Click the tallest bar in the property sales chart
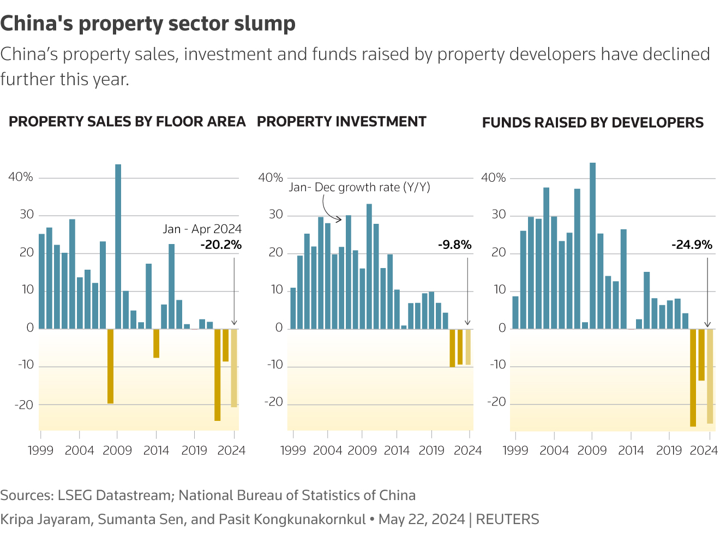tap(118, 246)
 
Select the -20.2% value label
tap(221, 245)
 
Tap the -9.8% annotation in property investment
tap(454, 245)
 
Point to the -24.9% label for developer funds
tap(692, 245)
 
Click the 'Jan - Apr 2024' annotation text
tap(202, 229)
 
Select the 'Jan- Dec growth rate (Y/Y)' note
tap(359, 187)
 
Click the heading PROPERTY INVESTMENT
tap(341, 122)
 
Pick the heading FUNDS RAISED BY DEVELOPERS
tap(593, 123)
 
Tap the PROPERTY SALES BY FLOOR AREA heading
tap(127, 122)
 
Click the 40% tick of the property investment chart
tap(271, 178)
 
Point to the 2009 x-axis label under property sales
tap(117, 450)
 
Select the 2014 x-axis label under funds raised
tap(631, 450)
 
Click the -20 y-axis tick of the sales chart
tap(24, 405)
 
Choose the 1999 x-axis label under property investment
tap(293, 450)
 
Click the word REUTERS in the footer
tap(507, 519)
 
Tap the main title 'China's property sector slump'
tap(148, 23)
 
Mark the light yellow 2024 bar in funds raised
tap(710, 376)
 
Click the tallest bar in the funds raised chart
tap(592, 246)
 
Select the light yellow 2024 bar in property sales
tap(234, 368)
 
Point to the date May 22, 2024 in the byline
tap(421, 519)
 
